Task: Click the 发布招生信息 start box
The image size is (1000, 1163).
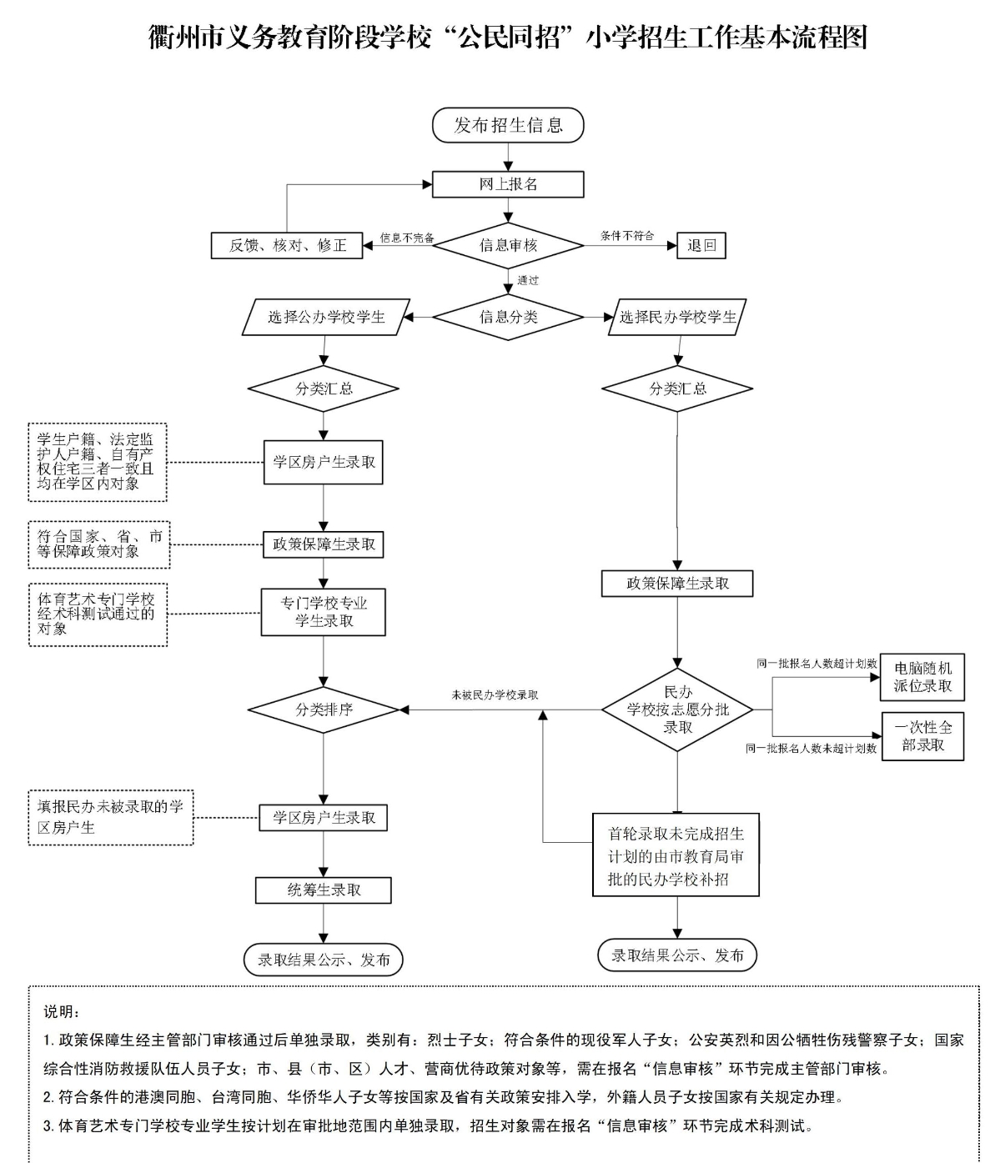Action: pyautogui.click(x=508, y=125)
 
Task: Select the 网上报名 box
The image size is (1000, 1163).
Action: pyautogui.click(x=508, y=184)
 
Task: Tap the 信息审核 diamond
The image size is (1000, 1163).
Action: pyautogui.click(x=508, y=245)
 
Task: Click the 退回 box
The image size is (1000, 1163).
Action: pyautogui.click(x=701, y=245)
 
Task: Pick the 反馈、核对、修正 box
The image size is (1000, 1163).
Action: pyautogui.click(x=287, y=245)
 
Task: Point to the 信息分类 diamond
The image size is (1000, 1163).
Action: pyautogui.click(x=508, y=317)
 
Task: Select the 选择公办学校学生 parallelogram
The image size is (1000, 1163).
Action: pyautogui.click(x=326, y=317)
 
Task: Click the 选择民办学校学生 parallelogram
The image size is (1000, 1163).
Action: pyautogui.click(x=677, y=317)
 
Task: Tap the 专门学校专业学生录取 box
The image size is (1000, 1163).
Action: pyautogui.click(x=324, y=612)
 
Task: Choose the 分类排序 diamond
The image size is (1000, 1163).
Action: pyautogui.click(x=324, y=709)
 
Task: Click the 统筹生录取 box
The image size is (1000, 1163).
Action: pyautogui.click(x=324, y=890)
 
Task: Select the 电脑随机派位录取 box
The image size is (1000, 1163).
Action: pyautogui.click(x=922, y=677)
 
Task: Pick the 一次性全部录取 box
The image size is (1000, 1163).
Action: pyautogui.click(x=922, y=736)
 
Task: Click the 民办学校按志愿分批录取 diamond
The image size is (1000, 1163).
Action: pyautogui.click(x=677, y=709)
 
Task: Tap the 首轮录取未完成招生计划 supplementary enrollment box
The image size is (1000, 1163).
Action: pyautogui.click(x=676, y=855)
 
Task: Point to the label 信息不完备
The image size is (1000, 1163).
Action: pyautogui.click(x=407, y=238)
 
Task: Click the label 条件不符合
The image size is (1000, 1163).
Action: pyautogui.click(x=627, y=236)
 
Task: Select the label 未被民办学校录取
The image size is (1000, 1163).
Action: pyautogui.click(x=495, y=694)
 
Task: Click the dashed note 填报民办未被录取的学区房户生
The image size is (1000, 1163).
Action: pyautogui.click(x=110, y=817)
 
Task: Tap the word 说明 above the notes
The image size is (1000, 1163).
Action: pyautogui.click(x=62, y=1012)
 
